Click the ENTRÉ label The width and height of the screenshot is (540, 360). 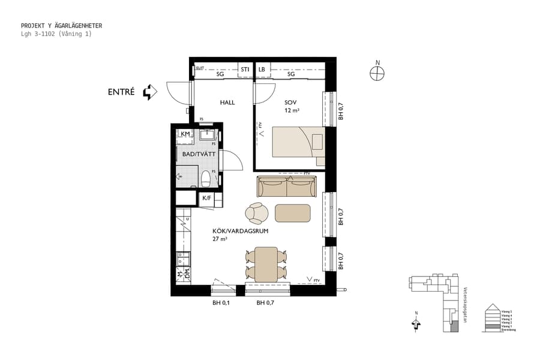point(121,92)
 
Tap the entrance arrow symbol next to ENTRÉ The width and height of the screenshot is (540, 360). point(149,92)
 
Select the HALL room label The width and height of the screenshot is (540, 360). point(227,103)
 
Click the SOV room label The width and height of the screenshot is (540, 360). point(291,103)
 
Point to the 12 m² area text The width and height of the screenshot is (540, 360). point(292,111)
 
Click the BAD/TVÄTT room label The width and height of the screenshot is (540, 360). point(199,154)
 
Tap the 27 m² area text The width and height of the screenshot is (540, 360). point(220,239)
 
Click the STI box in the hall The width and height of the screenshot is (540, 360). point(245,70)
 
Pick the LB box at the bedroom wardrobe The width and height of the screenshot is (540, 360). point(262,70)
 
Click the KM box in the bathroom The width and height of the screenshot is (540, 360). point(185,134)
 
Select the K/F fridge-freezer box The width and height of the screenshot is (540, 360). point(206,198)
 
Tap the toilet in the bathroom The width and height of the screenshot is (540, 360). point(206,178)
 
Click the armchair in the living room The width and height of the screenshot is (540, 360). point(257,213)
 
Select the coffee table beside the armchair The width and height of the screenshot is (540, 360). point(293,213)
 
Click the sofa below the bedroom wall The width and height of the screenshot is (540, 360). point(287,187)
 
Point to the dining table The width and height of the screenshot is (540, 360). point(266,264)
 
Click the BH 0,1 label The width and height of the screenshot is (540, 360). point(221,303)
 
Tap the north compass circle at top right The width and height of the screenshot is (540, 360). point(377,73)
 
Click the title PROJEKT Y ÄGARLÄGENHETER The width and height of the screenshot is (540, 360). point(61,26)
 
